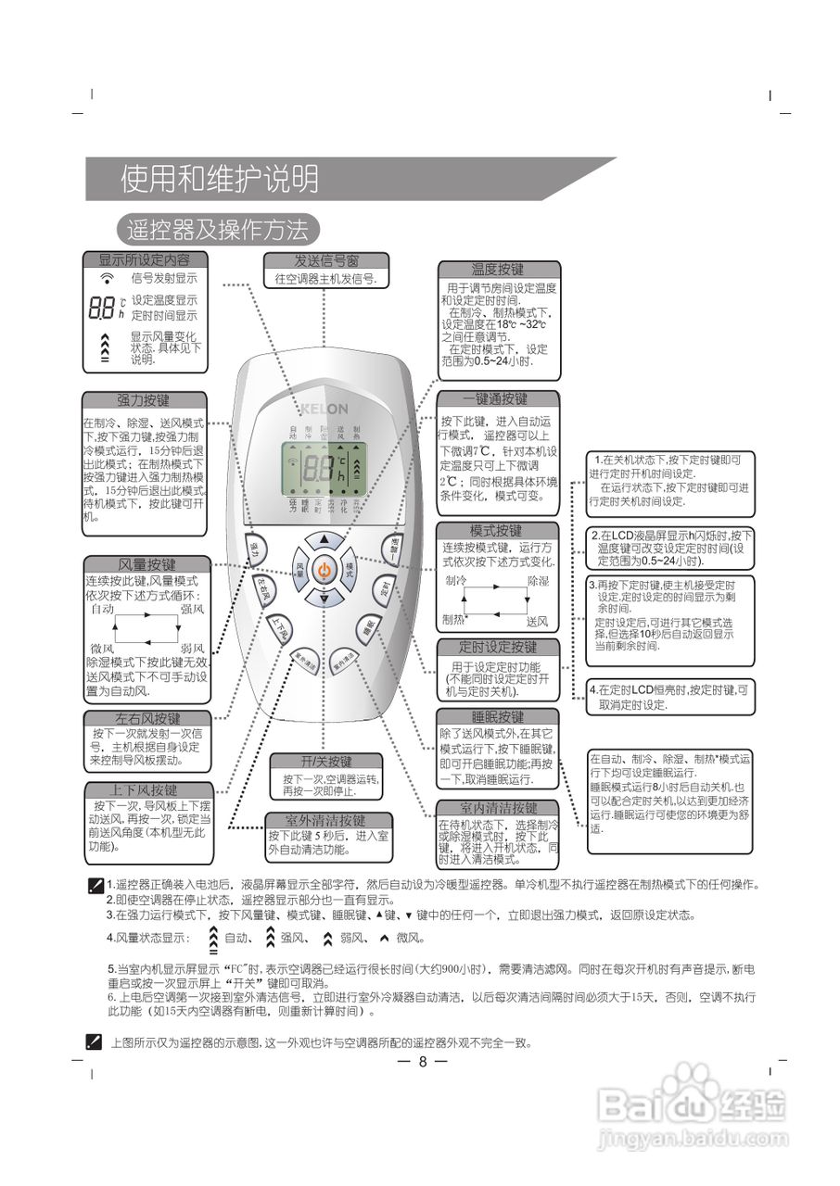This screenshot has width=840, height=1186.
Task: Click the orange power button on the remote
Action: (x=324, y=571)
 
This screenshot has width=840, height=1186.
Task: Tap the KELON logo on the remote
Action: (x=325, y=409)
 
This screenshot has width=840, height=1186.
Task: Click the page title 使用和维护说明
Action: (x=219, y=179)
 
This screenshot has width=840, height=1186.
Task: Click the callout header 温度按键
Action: (x=498, y=270)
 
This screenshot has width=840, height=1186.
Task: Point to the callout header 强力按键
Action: (x=143, y=400)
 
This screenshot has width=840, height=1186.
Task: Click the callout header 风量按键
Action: (x=146, y=564)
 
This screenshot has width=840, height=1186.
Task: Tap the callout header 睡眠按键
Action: (x=498, y=717)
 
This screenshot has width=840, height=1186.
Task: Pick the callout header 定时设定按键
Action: (x=498, y=647)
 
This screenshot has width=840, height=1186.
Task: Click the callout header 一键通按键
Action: (x=498, y=399)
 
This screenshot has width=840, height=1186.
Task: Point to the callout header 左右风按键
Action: (x=148, y=718)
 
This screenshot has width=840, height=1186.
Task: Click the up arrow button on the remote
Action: (x=324, y=538)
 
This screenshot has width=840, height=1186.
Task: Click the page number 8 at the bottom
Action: (x=422, y=1062)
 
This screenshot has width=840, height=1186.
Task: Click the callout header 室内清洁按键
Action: (x=498, y=808)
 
